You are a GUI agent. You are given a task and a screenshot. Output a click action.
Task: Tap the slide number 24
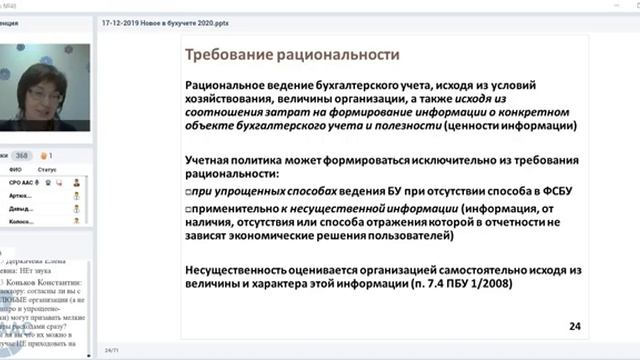pos(575,326)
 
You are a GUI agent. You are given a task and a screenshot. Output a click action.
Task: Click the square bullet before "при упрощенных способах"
pos(190,189)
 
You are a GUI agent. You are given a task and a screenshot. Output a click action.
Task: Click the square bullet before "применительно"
pos(190,207)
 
